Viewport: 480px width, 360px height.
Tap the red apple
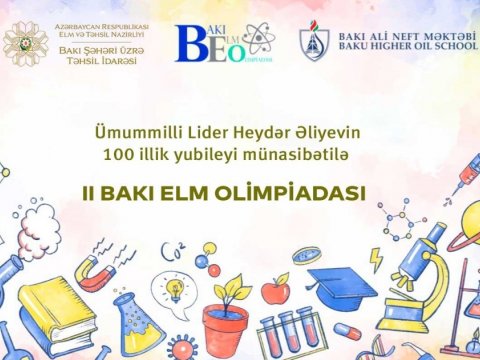point(274,292)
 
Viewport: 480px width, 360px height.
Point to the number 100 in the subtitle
point(115,155)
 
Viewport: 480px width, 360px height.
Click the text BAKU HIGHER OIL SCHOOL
point(406,46)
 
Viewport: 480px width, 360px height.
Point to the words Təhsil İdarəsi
point(99,60)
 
